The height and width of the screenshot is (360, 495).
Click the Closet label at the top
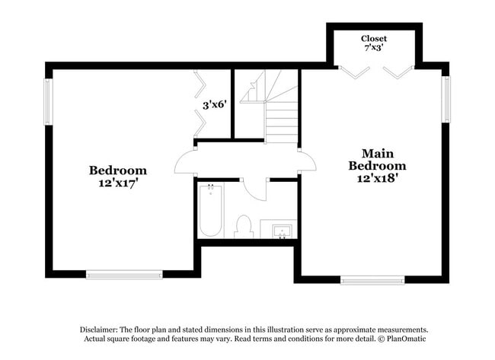(x=373, y=38)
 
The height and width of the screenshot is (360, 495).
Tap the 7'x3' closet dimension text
(x=373, y=47)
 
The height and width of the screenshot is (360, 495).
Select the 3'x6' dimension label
(x=215, y=105)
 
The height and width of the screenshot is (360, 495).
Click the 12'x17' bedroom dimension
(x=117, y=183)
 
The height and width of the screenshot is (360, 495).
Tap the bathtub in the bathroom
(x=210, y=212)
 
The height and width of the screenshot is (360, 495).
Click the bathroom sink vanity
(x=278, y=230)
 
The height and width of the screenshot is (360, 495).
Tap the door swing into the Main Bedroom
(x=308, y=161)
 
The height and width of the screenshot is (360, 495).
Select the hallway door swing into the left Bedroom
(x=185, y=162)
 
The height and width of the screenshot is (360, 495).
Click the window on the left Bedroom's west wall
(x=48, y=102)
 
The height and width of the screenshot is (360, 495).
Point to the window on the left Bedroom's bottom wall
(x=124, y=275)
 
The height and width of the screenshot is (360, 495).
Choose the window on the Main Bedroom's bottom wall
(x=372, y=280)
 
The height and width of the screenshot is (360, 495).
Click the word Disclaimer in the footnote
(x=103, y=329)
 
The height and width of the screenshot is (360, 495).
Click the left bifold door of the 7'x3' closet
(x=351, y=72)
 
